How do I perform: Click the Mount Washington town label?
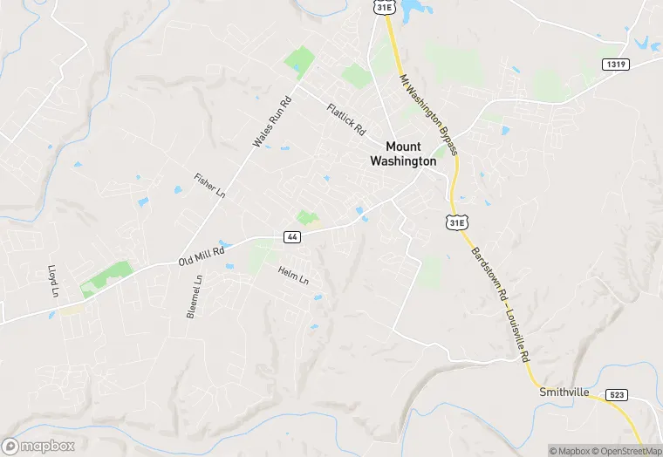pyautogui.click(x=402, y=153)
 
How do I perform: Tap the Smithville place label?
pyautogui.click(x=567, y=391)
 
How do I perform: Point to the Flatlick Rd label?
pyautogui.click(x=346, y=119)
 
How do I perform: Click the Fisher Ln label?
pyautogui.click(x=210, y=184)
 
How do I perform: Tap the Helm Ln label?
pyautogui.click(x=294, y=276)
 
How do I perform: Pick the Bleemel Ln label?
pyautogui.click(x=195, y=297)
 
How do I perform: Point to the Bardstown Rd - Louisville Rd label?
pyautogui.click(x=501, y=304)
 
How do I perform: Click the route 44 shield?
pyautogui.click(x=292, y=236)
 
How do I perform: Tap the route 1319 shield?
pyautogui.click(x=615, y=65)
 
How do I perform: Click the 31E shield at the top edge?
pyautogui.click(x=385, y=7)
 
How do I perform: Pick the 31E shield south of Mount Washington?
pyautogui.click(x=455, y=222)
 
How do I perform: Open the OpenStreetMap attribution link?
pyautogui.click(x=625, y=450)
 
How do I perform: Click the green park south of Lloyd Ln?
pyautogui.click(x=106, y=278)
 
